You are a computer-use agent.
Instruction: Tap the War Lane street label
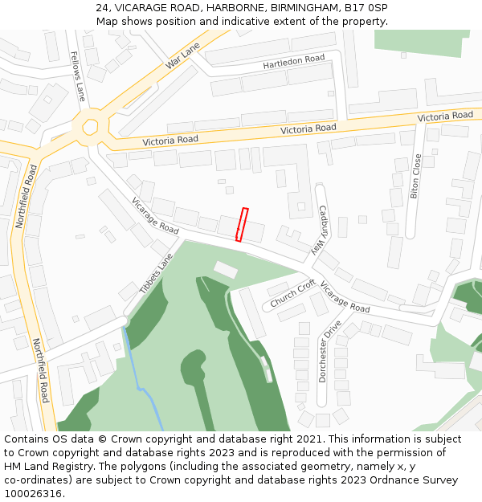[182, 55]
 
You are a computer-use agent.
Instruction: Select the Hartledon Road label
[294, 62]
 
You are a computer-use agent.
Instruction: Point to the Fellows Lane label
[78, 76]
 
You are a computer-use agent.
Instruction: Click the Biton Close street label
[416, 176]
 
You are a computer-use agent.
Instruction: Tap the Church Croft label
[292, 294]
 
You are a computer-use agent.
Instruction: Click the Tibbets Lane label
[156, 274]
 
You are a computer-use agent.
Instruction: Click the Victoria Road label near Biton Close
[445, 117]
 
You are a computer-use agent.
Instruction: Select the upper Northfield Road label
[27, 197]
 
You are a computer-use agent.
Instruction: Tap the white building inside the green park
[226, 270]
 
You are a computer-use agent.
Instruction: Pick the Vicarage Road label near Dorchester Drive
[345, 297]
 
